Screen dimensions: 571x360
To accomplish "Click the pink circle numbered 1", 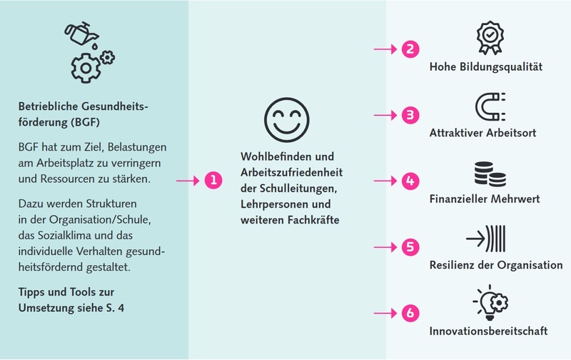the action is (213, 181).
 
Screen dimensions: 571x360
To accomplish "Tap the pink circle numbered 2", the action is (410, 49).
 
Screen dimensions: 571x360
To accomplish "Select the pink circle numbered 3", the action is (410, 115).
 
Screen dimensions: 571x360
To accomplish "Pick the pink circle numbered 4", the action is (410, 181).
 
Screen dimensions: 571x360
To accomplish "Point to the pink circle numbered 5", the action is (410, 247).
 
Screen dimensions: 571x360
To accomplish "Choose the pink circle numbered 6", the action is (410, 313).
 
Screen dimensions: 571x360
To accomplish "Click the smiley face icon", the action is (287, 120).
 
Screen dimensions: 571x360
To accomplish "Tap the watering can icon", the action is (82, 34).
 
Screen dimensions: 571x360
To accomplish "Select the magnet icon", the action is (490, 106).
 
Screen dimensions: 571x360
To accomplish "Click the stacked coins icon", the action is (490, 174).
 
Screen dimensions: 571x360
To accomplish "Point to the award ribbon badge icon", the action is (490, 38).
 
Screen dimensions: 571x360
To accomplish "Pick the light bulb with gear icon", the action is (491, 302).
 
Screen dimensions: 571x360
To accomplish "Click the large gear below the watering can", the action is (86, 68).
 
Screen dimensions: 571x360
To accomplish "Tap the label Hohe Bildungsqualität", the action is (486, 66).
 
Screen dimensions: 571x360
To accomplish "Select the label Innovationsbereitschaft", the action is (488, 331).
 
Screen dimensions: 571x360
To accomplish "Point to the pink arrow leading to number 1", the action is (188, 181).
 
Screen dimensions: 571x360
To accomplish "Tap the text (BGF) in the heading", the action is (85, 122).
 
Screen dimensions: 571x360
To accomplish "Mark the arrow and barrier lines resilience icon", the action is (486, 239).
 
